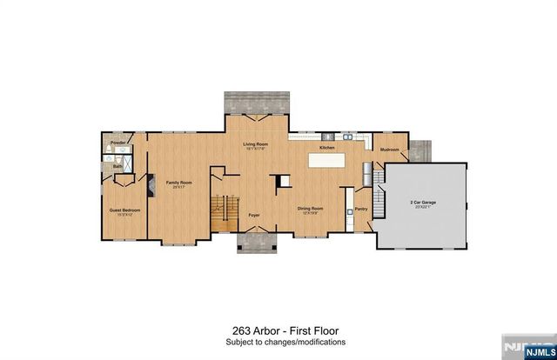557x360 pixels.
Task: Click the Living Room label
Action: [254, 145]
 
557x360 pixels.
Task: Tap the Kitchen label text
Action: [327, 149]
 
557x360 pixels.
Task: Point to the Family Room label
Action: [179, 183]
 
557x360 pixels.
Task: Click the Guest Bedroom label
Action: [124, 210]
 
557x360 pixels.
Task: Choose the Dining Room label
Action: [311, 209]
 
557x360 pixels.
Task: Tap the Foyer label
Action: [254, 214]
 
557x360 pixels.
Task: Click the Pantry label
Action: [361, 209]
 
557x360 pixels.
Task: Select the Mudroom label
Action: [389, 150]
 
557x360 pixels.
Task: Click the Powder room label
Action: [117, 142]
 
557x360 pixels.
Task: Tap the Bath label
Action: [117, 166]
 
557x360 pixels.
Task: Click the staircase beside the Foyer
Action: [225, 213]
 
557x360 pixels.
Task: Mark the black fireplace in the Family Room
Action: [149, 187]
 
